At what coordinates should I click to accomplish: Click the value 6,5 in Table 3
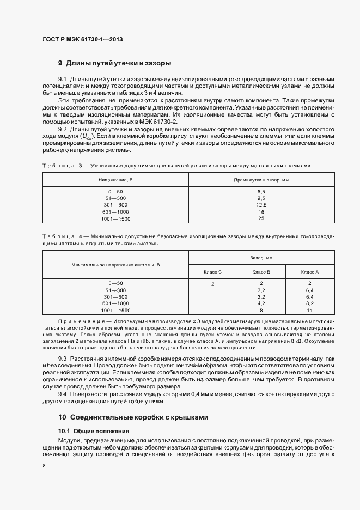point(261,192)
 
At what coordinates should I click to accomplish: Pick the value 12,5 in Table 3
point(261,205)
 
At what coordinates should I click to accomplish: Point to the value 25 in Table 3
point(261,218)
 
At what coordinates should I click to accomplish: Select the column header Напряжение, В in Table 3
point(115,179)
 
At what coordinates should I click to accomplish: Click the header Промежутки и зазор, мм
point(261,179)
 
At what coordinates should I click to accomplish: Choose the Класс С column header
point(212,271)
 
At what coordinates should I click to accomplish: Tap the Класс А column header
point(309,271)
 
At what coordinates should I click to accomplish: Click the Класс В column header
point(261,271)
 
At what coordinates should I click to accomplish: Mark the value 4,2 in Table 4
point(261,303)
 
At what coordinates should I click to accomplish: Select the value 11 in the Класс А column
point(309,310)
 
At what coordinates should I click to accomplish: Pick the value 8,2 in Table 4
point(309,303)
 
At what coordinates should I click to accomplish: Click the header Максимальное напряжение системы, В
point(115,265)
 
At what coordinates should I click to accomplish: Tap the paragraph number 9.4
point(62,393)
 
